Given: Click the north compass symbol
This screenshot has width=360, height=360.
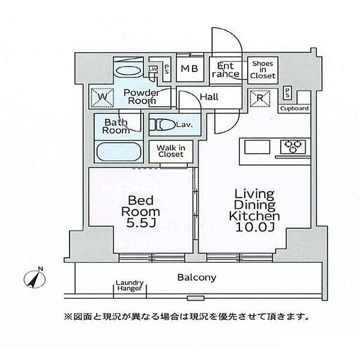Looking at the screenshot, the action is click(x=35, y=278).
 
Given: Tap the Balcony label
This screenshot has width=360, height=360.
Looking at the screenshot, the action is click(x=197, y=278).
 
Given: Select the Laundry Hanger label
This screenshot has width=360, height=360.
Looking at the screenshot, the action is click(x=130, y=286).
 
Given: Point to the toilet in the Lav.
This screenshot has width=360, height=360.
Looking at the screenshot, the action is click(x=163, y=125).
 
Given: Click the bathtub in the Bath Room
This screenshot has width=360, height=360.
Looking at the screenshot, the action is click(x=119, y=152).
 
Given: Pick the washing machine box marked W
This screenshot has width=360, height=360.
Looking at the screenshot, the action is click(x=103, y=97).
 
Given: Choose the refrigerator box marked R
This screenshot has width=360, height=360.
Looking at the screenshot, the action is click(x=260, y=98).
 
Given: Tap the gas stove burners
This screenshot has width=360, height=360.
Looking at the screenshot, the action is click(x=293, y=147).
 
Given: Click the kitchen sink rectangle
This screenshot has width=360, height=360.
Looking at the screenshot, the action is click(x=257, y=147).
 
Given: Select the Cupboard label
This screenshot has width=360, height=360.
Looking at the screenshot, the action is click(x=295, y=109).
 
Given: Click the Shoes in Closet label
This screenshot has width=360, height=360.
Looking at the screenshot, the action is click(x=263, y=70).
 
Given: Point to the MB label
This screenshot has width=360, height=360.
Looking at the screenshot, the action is click(x=190, y=68).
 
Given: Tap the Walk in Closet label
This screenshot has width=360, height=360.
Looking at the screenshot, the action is click(x=171, y=151).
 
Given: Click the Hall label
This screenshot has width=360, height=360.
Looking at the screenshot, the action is click(x=209, y=97).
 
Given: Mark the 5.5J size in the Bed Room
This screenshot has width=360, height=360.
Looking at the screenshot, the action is click(x=141, y=223).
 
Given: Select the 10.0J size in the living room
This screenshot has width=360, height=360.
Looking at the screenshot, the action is click(x=255, y=227).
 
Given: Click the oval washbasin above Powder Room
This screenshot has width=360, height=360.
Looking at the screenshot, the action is click(x=128, y=70).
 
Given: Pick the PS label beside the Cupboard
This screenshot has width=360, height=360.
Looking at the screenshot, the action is click(x=287, y=93).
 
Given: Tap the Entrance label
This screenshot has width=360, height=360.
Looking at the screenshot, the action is click(x=226, y=70).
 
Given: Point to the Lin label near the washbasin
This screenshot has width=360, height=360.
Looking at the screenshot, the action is click(x=152, y=69).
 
